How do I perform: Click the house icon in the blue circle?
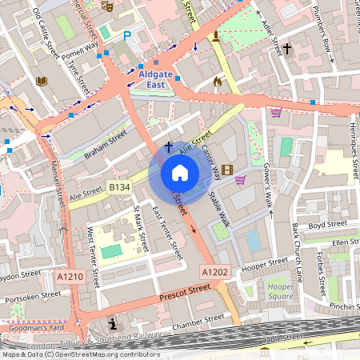[x=179, y=173]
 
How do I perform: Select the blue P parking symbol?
[x=127, y=36]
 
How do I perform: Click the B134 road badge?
[x=119, y=186]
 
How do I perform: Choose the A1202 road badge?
[x=214, y=272]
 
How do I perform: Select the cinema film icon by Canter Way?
[x=228, y=169]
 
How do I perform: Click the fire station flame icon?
[x=217, y=81]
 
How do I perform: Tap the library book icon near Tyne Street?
[x=42, y=81]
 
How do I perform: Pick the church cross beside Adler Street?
[x=287, y=49]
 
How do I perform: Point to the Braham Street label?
[x=106, y=146]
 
